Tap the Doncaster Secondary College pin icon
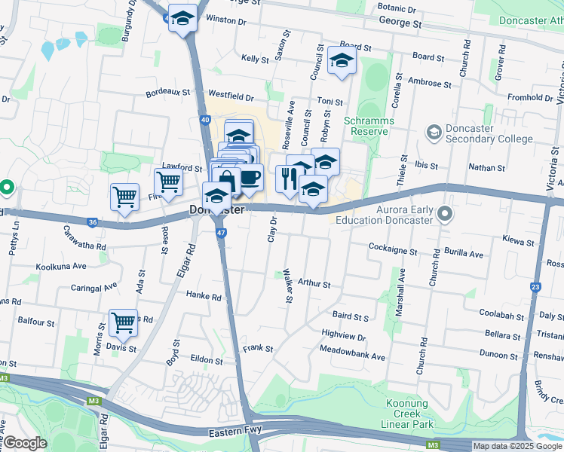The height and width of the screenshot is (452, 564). coord(434,133)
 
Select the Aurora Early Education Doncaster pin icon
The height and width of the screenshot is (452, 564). coord(445,215)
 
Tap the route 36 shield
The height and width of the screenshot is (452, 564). coord(93,222)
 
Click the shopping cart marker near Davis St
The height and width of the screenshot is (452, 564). coord(123,322)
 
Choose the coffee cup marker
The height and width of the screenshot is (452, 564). coord(250,178)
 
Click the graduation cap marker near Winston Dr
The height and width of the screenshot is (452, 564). coord(182,18)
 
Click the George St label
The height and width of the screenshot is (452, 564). coord(400,24)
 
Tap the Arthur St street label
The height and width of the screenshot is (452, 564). coord(314,284)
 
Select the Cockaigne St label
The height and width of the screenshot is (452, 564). coord(393,248)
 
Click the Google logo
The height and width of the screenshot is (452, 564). coord(26,443)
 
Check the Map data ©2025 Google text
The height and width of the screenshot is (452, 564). coord(516,446)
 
